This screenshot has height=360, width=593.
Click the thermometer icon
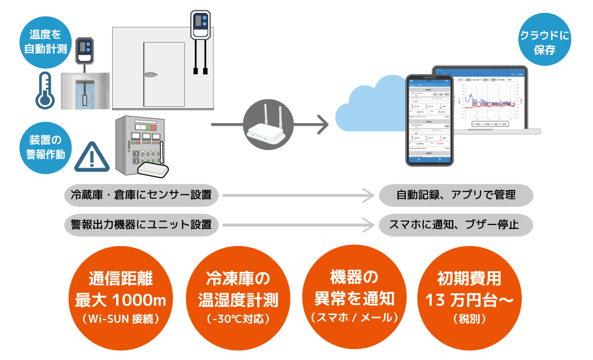44,90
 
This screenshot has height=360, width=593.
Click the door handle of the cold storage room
150,75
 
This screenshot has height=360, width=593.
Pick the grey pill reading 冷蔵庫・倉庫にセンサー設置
141,195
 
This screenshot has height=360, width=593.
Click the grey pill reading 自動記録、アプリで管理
456,195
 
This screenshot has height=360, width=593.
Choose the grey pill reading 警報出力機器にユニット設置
141,225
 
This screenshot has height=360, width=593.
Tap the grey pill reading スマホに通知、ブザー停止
456,225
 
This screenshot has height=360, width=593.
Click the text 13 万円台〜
469,300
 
